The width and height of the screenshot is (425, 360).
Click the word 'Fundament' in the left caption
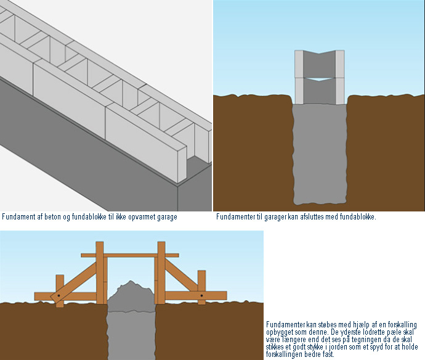pos(18,217)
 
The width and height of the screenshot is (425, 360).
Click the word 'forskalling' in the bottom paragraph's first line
pos(402,325)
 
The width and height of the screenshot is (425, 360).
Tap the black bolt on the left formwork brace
pos(59,295)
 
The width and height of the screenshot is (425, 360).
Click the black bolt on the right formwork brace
pos(201,295)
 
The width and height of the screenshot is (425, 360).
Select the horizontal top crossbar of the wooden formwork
pos(130,255)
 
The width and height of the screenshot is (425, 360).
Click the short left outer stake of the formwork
pos(60,290)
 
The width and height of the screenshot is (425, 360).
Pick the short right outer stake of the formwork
pos(201,287)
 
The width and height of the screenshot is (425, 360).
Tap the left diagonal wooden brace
pos(74,282)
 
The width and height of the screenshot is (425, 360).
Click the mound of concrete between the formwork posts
pos(131,296)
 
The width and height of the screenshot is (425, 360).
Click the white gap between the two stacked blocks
pos(320,79)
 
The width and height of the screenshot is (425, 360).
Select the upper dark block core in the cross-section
pos(320,64)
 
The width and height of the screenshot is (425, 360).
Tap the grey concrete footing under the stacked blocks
pos(320,154)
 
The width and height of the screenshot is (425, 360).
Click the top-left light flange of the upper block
pos(299,64)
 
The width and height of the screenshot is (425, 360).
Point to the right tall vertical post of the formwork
pos(161,272)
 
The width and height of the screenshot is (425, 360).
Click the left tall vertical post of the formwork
pos(100,272)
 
